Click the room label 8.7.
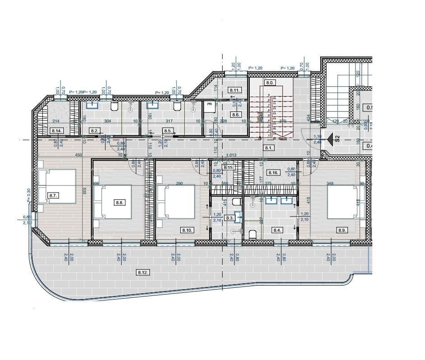pos(53,195)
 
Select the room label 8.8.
pos(119,203)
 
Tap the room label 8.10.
pos(187,231)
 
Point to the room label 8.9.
pos(343,231)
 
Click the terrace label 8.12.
pos(143,272)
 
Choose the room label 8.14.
pos(57,131)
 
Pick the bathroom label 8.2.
pos(94,131)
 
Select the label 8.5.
pos(168,131)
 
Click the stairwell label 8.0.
pos(270,83)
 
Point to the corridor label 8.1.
pos(269,148)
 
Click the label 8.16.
pos(273,173)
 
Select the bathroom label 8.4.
pos(277,231)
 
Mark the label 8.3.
pos(229,218)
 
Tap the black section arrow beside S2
pos(330,138)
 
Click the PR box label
pos(209,104)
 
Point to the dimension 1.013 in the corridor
pos(231,155)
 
